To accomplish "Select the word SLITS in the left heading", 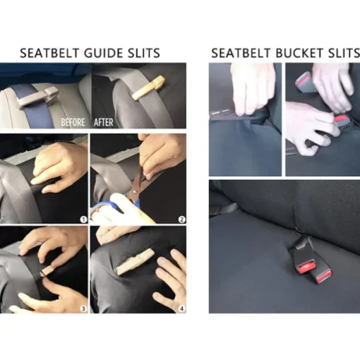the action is tap(143, 53).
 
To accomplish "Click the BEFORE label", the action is tap(73, 122).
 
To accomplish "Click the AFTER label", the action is tap(104, 122).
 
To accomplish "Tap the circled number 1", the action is tap(83, 220).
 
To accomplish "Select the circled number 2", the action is tap(182, 220).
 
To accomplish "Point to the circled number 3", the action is tap(83, 308).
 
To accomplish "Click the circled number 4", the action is tap(182, 308).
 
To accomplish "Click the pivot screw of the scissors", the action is tap(135, 192).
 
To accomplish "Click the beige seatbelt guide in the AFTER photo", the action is tap(148, 88).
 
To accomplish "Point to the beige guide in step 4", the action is tap(135, 261).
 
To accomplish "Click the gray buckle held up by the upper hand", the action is tap(306, 84).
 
